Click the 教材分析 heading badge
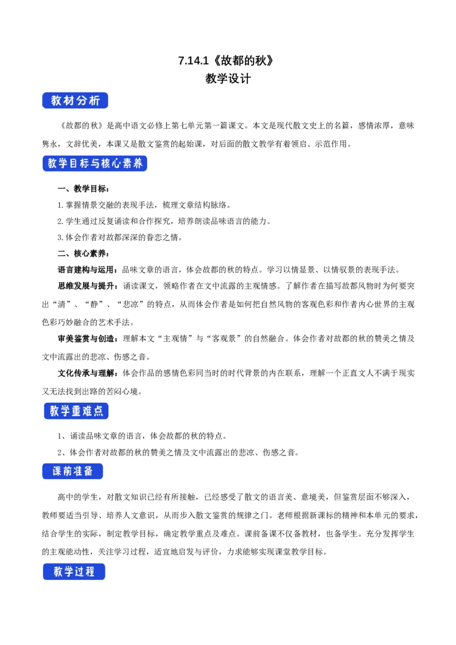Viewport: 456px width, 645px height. tap(75, 101)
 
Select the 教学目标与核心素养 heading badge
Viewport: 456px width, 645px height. tap(95, 164)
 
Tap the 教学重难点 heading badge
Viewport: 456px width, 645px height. tap(75, 411)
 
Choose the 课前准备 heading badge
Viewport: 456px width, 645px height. tap(73, 472)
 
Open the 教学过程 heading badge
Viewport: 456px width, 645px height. tap(74, 571)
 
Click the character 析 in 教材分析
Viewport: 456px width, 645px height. tap(94, 101)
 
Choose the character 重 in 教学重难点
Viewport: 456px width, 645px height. tap(75, 411)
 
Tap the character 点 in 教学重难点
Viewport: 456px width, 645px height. tap(98, 411)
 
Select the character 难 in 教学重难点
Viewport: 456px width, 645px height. tap(87, 411)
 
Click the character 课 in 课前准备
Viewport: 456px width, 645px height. tap(57, 472)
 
